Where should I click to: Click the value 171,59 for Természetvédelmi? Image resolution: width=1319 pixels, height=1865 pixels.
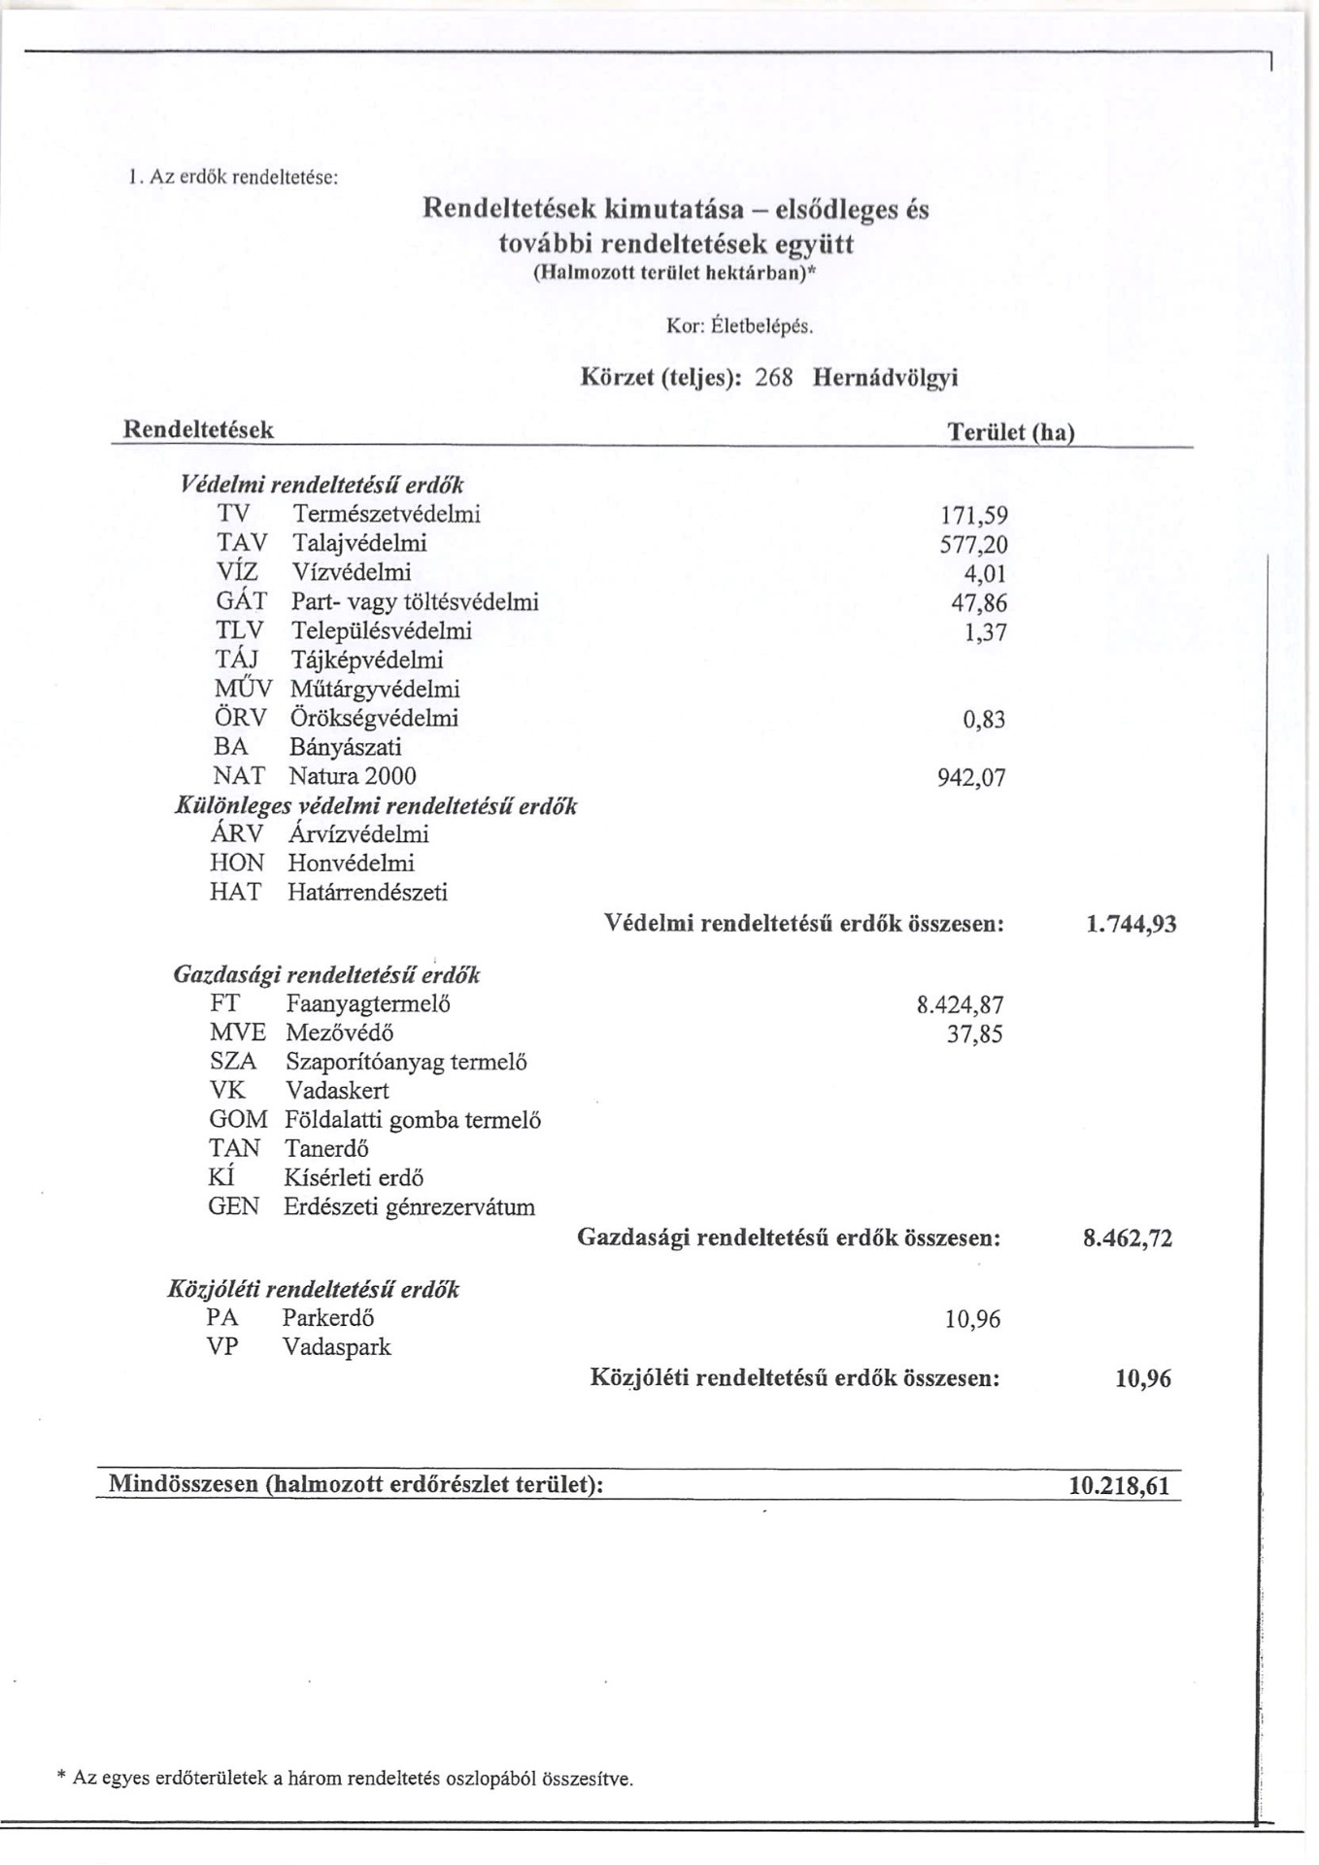pyautogui.click(x=974, y=516)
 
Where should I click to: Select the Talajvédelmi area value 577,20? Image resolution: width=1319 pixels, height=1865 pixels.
pyautogui.click(x=973, y=545)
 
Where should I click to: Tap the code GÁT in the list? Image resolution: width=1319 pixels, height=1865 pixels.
pyautogui.click(x=241, y=602)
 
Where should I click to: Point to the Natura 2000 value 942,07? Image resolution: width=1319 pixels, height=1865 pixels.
pyautogui.click(x=971, y=778)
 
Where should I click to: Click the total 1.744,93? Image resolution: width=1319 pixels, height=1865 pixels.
pyautogui.click(x=1131, y=924)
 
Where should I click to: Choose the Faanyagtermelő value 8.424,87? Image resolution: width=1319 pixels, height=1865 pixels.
pyautogui.click(x=960, y=1005)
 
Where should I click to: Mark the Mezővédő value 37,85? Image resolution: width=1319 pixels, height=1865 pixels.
pyautogui.click(x=974, y=1034)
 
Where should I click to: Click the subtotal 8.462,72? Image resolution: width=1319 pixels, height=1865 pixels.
pyautogui.click(x=1128, y=1238)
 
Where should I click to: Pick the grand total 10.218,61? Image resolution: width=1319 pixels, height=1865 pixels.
pyautogui.click(x=1119, y=1486)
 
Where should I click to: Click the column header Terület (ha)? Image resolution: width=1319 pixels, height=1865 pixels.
pyautogui.click(x=1010, y=432)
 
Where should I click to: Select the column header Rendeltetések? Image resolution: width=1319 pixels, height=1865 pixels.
pyautogui.click(x=197, y=430)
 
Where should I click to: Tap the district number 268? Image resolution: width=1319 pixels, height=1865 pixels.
pyautogui.click(x=774, y=378)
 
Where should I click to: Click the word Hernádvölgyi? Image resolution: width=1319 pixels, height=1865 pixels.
pyautogui.click(x=885, y=378)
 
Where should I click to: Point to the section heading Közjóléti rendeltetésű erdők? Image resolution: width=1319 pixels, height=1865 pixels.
pyautogui.click(x=314, y=1290)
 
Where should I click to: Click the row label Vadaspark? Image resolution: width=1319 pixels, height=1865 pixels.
pyautogui.click(x=336, y=1347)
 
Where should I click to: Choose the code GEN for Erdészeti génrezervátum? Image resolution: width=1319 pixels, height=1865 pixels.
pyautogui.click(x=234, y=1207)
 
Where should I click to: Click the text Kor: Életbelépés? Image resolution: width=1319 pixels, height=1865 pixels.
pyautogui.click(x=739, y=326)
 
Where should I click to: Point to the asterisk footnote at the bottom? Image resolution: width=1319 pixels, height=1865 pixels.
pyautogui.click(x=346, y=1779)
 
